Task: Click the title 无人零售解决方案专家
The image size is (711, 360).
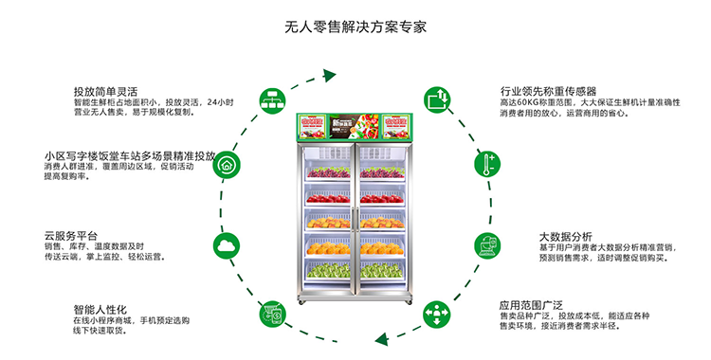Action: [x=355, y=26]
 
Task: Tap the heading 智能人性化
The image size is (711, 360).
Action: [x=100, y=309]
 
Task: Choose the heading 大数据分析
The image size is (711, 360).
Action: [x=565, y=236]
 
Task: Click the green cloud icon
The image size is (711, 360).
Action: [x=226, y=246]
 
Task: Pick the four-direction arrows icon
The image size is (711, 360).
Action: [x=436, y=312]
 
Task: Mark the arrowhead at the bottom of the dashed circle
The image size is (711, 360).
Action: [x=381, y=337]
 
